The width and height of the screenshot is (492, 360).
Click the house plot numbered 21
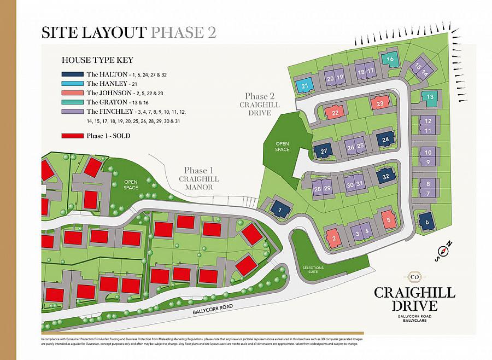click(306, 85)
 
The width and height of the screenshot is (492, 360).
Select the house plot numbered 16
click(390, 60)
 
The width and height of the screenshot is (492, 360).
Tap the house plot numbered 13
click(430, 97)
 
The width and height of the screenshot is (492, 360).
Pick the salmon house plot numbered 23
click(380, 102)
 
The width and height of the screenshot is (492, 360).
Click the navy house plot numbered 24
click(386, 140)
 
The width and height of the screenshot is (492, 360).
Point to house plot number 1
click(279, 209)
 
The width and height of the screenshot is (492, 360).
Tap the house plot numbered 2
click(333, 237)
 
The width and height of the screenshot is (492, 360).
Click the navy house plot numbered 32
click(386, 176)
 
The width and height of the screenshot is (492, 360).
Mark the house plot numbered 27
click(324, 151)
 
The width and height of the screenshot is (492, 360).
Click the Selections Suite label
click(313, 270)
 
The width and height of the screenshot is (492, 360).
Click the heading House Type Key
click(93, 60)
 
